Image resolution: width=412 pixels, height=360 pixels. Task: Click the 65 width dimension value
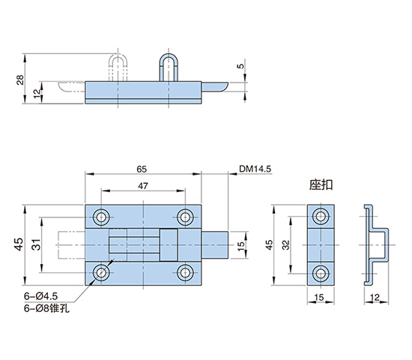click(142, 169)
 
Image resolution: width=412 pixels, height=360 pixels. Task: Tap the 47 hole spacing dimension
click(143, 186)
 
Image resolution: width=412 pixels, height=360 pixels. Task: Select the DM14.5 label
click(255, 169)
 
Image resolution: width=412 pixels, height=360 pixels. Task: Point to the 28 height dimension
click(20, 79)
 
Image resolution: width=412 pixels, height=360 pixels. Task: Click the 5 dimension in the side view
click(240, 66)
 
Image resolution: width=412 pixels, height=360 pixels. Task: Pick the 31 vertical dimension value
click(36, 244)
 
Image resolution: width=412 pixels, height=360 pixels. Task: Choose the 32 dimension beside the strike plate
click(286, 244)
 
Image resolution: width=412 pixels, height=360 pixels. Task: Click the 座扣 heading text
click(321, 184)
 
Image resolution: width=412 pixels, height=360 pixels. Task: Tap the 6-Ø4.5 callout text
click(40, 296)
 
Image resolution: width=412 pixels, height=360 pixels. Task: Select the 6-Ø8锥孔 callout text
click(46, 308)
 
